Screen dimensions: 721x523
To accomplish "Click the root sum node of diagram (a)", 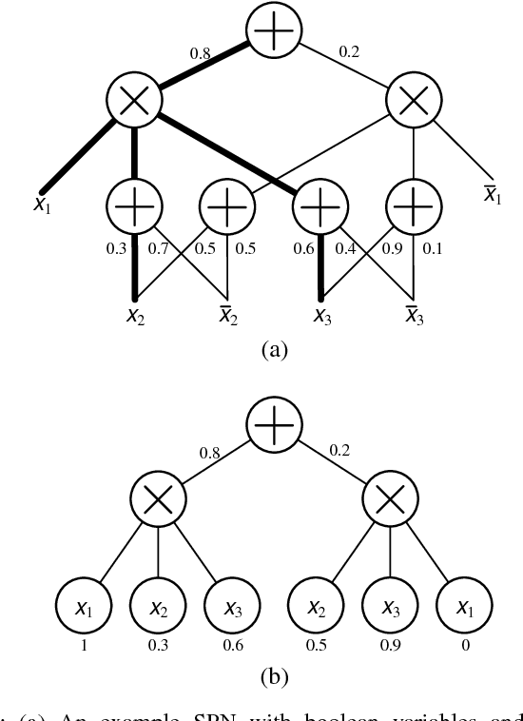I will (x=275, y=32).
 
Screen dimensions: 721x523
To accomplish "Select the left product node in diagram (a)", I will (x=135, y=101).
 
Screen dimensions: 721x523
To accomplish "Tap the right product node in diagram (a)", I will (x=414, y=101).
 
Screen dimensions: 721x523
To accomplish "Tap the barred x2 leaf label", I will (x=227, y=315).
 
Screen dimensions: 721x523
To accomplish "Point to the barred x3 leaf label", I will (x=414, y=315).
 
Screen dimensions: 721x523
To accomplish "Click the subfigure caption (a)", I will (x=274, y=350).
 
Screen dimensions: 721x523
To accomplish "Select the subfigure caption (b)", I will (x=274, y=678).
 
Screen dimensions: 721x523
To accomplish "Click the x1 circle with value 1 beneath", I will (x=84, y=605).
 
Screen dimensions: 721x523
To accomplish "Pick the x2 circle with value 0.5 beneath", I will (x=312, y=605).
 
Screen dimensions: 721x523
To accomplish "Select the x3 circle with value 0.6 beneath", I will (x=231, y=605).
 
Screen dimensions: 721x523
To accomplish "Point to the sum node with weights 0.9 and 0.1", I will (x=414, y=205).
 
